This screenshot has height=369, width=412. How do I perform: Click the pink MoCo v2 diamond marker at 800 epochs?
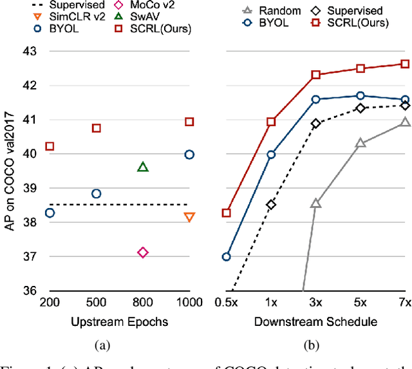143,252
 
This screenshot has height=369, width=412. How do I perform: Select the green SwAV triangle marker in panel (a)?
143,167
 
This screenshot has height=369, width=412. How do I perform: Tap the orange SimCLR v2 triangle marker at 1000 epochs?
189,217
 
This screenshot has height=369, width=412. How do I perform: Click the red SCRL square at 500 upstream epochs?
97,128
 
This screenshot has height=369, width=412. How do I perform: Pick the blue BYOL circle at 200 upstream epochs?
50,213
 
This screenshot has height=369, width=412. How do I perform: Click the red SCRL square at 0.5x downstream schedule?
226,213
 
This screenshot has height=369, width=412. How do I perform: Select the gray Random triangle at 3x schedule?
315,203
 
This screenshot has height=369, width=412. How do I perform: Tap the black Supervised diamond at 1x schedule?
271,205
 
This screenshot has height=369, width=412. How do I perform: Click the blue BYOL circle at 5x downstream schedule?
360,95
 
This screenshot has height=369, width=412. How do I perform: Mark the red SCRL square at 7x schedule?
405,64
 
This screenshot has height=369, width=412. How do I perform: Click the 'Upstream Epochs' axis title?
119,321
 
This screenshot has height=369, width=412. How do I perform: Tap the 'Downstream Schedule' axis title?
315,321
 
